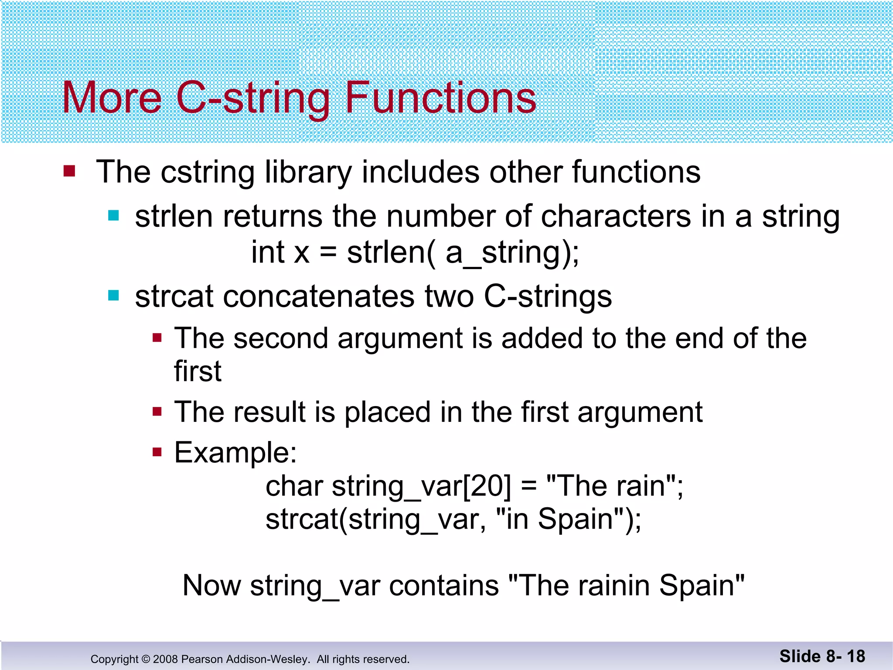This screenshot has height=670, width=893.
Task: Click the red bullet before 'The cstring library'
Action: (69, 171)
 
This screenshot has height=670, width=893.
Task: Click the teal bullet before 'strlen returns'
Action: (113, 215)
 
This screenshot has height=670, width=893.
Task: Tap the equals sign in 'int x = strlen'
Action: (328, 253)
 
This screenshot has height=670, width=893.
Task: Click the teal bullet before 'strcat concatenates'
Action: (113, 296)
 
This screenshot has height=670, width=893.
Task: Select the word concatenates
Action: (318, 297)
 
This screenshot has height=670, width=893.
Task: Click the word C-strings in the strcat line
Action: (548, 297)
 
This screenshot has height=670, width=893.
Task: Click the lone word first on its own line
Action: (198, 371)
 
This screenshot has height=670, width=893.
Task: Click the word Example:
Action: (235, 452)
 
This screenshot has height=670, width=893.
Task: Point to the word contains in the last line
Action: (443, 585)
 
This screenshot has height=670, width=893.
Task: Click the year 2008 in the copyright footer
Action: (165, 659)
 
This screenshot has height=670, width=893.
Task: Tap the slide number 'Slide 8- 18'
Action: (822, 656)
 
